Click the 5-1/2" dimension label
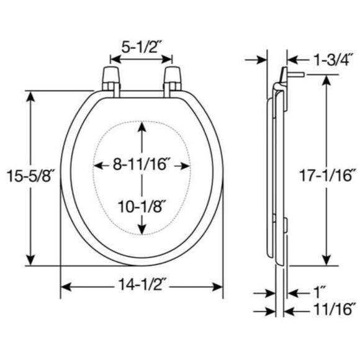click(x=140, y=48)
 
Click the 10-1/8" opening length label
click(x=142, y=207)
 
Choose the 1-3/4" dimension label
click(x=333, y=60)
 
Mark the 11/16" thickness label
click(x=333, y=310)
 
